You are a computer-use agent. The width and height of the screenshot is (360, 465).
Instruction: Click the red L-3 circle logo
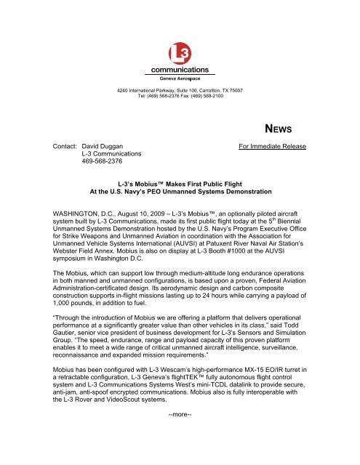[x=180, y=54]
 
